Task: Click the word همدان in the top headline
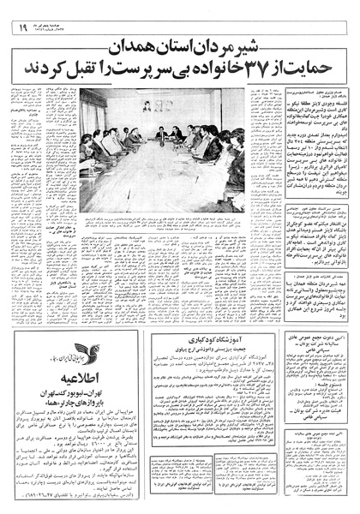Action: point(155,50)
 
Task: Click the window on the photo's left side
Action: point(93,111)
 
